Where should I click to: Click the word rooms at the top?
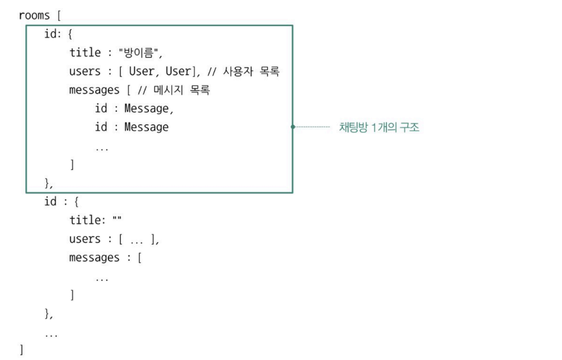34,16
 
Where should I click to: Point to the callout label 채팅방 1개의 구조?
379,127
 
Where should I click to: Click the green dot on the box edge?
292,127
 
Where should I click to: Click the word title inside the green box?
84,53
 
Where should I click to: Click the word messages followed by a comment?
94,90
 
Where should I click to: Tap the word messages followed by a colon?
94,258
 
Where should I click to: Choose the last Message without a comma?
146,127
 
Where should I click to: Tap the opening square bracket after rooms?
58,16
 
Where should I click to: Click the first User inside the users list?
141,71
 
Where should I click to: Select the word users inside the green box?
84,71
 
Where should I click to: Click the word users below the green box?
84,239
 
